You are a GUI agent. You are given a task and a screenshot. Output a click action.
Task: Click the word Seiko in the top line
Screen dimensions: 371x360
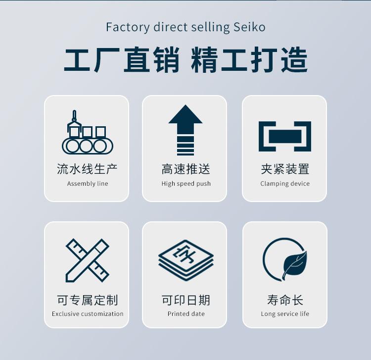[249, 27]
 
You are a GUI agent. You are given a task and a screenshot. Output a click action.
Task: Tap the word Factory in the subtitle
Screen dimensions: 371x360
[126, 27]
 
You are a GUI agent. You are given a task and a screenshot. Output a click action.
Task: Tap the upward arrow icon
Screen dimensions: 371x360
[185, 130]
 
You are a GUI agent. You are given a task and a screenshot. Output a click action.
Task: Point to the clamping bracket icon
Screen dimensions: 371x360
[284, 136]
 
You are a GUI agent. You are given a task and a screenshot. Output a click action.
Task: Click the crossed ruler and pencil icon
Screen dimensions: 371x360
[87, 259]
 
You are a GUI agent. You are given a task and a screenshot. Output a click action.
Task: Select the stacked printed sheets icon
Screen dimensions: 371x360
[185, 258]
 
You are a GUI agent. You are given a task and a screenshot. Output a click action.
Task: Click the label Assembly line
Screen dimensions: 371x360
[88, 184]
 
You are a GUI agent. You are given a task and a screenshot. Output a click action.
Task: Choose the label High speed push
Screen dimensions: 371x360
[186, 184]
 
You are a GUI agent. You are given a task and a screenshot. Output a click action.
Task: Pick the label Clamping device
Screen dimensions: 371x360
[285, 184]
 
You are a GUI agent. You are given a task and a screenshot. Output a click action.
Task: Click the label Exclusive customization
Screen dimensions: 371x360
[88, 314]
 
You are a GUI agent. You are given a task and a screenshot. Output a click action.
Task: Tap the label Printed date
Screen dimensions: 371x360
[186, 314]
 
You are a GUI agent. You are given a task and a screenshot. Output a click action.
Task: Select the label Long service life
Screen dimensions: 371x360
[285, 314]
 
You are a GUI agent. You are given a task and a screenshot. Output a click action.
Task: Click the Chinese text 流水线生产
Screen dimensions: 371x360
[87, 169]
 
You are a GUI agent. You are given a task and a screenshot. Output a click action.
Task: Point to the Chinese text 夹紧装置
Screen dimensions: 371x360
[285, 169]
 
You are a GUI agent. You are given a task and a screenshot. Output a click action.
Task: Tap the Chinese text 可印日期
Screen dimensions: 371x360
[186, 300]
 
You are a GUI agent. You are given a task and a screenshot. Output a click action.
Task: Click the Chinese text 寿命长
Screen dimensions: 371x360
[285, 300]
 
